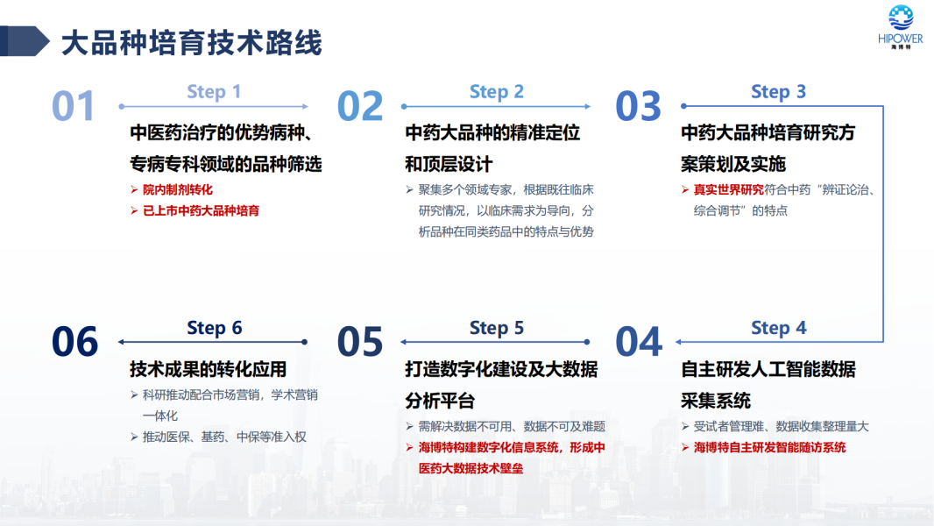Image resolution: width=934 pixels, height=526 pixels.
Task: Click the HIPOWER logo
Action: (901, 27)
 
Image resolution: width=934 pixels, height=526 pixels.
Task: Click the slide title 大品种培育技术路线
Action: (191, 43)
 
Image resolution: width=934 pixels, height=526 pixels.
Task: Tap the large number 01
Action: (74, 106)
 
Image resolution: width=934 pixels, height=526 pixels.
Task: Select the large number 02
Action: (360, 106)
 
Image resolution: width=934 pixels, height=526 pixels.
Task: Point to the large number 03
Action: (638, 106)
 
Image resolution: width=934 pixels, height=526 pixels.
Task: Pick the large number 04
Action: (639, 342)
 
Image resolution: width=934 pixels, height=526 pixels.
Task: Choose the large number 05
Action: (360, 342)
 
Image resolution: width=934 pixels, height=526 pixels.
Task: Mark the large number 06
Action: (75, 342)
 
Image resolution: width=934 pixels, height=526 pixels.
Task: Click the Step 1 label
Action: (214, 92)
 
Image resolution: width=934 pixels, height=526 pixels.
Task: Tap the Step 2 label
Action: (497, 92)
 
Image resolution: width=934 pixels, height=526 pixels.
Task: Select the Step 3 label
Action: (779, 92)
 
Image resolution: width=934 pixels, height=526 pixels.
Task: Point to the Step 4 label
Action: (779, 328)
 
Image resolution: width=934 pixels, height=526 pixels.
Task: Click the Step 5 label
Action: (497, 328)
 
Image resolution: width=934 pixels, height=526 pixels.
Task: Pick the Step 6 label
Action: (215, 328)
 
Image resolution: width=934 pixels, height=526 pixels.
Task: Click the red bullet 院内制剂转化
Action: (178, 190)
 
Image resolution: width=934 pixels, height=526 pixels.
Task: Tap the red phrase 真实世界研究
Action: (728, 190)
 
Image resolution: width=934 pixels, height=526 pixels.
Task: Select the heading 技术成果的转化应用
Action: (208, 369)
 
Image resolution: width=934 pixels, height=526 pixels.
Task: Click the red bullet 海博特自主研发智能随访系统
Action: (769, 447)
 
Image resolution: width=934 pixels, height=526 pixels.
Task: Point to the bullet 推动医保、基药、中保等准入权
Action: (224, 437)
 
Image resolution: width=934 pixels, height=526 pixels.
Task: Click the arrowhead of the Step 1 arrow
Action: (305, 107)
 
